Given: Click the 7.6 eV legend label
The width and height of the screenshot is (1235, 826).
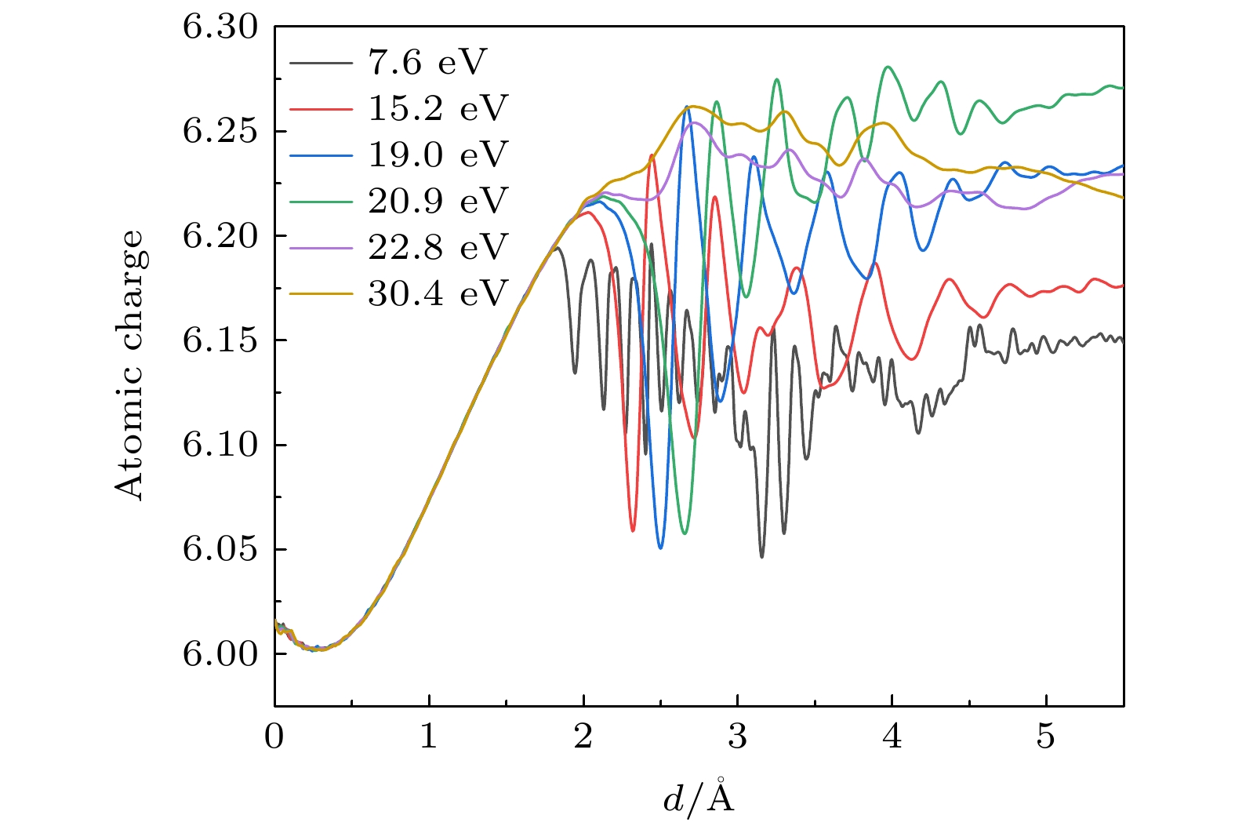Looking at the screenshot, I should pos(427,63).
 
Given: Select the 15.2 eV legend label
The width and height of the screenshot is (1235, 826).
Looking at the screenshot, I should pos(438,109).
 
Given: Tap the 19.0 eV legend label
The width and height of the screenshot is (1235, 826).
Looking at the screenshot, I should pos(438,155).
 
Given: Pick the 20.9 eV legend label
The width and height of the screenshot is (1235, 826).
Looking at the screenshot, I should pos(438,202).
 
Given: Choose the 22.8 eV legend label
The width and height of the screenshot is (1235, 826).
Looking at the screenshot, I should pos(438,248).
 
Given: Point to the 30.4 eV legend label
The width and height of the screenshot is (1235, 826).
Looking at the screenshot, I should pos(438,294).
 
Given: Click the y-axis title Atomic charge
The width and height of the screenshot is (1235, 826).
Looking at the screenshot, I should pos(130,365).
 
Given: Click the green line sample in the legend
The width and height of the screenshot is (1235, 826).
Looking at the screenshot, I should pos(321,202).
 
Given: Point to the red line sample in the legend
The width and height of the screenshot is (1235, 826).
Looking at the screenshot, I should pos(321,109).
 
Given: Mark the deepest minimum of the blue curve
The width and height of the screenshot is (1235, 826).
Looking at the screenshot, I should pos(660,548).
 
